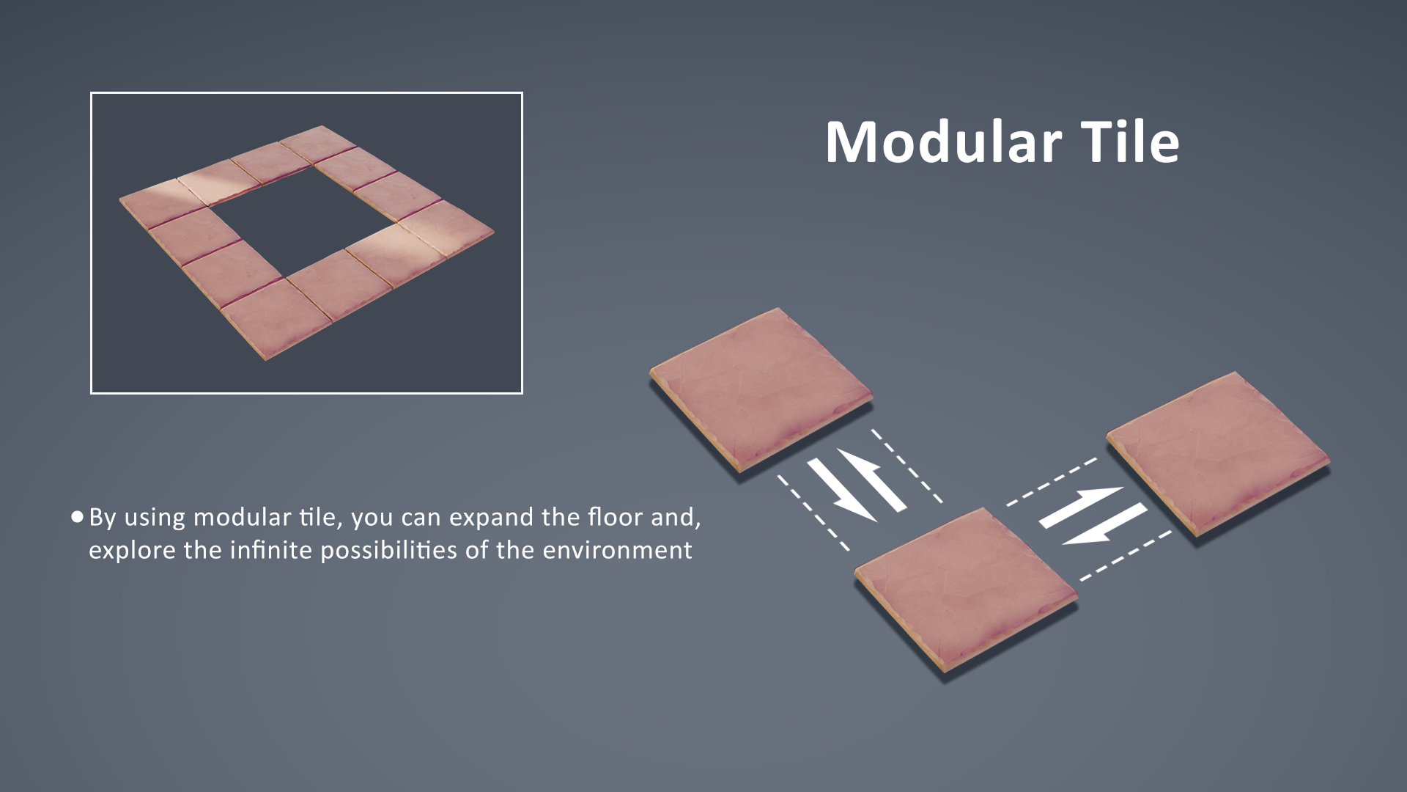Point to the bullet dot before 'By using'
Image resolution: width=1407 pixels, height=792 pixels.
click(x=78, y=517)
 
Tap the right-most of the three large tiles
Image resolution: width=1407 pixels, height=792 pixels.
click(x=1218, y=452)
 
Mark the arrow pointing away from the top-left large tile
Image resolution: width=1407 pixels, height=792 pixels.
click(x=842, y=490)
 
